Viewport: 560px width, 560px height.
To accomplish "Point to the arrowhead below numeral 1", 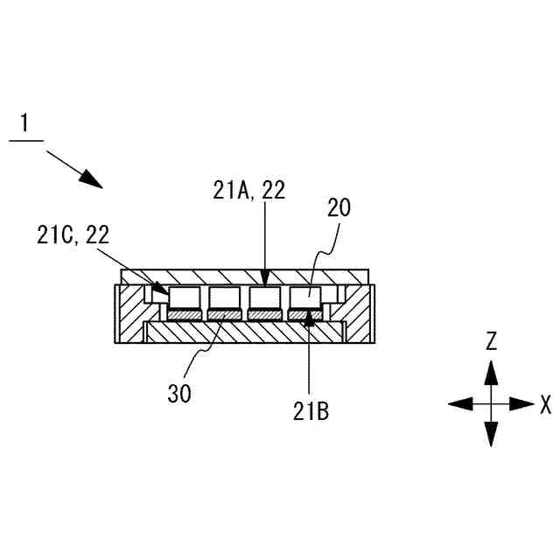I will [90, 179].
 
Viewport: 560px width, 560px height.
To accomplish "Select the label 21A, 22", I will [248, 190].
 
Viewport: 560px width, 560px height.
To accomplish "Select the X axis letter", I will [546, 403].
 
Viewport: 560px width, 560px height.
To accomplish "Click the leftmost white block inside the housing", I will [184, 297].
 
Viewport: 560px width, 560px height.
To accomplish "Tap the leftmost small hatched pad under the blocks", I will [184, 315].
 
